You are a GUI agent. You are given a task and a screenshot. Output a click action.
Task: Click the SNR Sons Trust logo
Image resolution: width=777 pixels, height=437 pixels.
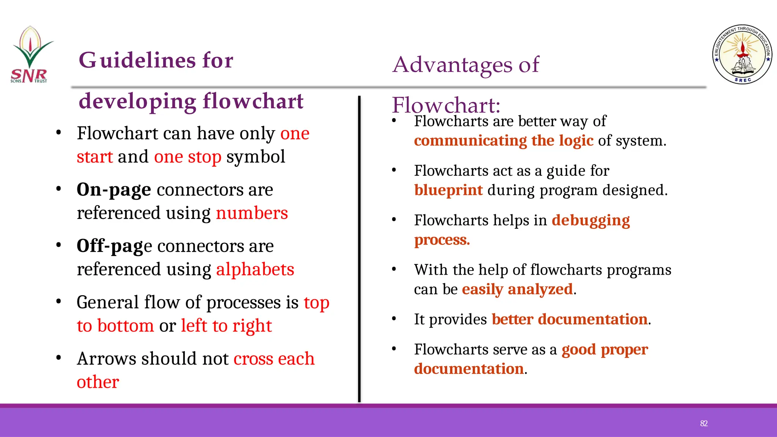[30, 55]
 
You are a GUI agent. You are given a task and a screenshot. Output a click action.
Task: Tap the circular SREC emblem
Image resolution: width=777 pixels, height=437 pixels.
[742, 55]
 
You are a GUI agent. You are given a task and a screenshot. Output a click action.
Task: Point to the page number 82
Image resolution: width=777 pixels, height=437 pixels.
[704, 423]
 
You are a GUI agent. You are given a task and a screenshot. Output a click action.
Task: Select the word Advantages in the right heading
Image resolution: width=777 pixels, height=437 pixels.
[452, 64]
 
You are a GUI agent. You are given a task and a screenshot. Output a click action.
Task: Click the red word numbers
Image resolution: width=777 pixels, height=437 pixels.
[252, 213]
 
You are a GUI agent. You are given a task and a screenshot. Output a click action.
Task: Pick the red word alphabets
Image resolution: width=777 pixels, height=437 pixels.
[255, 269]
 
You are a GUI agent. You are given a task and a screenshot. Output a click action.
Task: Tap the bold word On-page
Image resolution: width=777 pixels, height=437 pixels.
[114, 190]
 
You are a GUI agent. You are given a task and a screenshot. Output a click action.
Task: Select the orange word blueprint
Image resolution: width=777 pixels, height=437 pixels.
[448, 190]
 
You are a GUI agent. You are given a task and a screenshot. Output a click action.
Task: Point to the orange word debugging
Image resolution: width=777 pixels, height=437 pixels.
[591, 220]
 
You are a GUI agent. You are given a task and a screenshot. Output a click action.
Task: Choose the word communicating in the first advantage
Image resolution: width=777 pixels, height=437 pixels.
[470, 141]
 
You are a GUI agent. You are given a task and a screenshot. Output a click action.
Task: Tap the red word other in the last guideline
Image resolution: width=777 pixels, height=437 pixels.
[98, 382]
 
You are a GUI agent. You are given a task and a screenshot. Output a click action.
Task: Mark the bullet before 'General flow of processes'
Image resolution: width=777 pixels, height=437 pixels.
[58, 302]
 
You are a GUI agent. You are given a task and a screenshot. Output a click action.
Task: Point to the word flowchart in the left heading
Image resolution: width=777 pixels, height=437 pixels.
[253, 101]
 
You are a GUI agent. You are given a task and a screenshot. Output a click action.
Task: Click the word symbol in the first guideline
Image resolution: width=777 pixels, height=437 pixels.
[256, 157]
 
